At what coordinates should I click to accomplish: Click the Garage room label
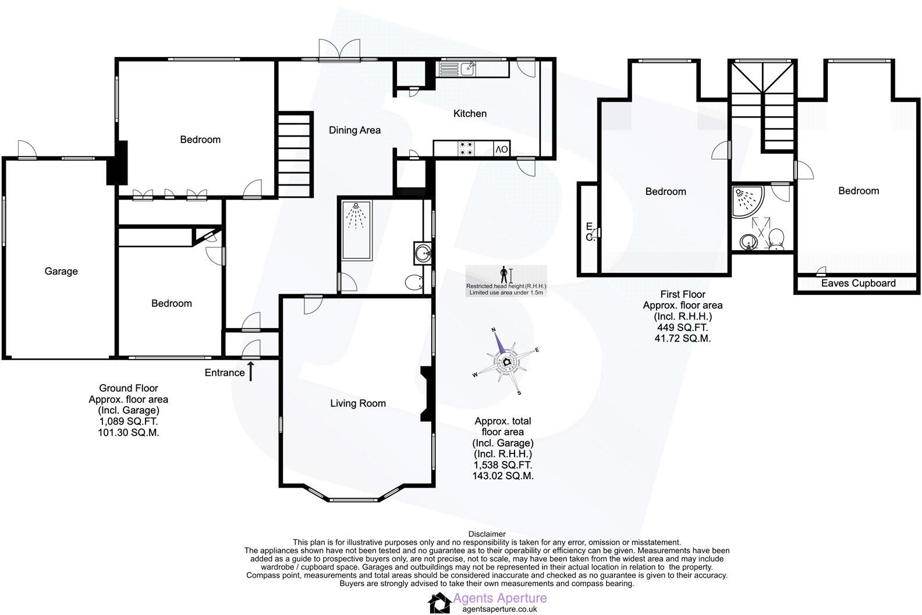61,271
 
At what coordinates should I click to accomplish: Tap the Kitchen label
470,113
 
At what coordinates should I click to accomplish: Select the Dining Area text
354,130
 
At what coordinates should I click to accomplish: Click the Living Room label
357,403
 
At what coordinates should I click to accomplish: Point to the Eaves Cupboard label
858,283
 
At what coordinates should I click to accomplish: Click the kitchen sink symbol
458,69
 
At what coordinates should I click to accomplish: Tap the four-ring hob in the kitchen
466,149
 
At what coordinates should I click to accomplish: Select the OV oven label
502,150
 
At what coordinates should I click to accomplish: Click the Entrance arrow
251,371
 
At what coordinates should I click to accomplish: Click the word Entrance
224,373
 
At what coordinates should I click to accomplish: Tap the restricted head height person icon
504,274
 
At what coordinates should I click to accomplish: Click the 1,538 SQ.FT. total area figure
502,465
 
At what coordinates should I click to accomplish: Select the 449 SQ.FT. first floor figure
682,328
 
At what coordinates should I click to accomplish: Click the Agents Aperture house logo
439,603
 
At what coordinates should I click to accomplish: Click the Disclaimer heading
487,534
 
